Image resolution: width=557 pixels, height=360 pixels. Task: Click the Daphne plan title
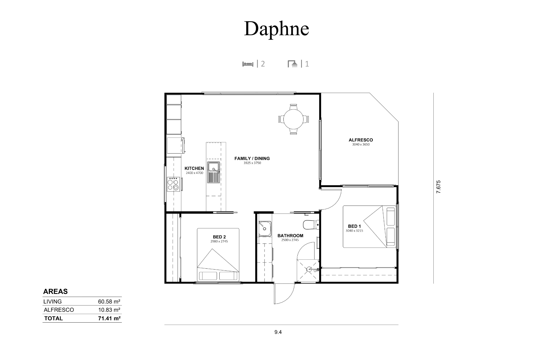click(x=276, y=29)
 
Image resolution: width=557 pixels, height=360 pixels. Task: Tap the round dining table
click(x=294, y=119)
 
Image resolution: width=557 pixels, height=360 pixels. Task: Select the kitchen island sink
click(x=214, y=172)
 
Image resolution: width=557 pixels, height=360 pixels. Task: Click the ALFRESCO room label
click(x=361, y=140)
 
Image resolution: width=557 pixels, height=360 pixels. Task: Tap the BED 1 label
click(x=354, y=226)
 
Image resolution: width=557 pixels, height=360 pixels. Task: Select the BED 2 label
click(x=219, y=237)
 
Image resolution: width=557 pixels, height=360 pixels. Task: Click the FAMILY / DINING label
click(x=252, y=159)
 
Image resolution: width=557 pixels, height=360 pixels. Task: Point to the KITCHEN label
click(x=194, y=168)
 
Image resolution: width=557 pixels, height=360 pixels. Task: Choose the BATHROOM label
click(x=290, y=236)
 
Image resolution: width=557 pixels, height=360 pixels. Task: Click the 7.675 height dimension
click(x=438, y=187)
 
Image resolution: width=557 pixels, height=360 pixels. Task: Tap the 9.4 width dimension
click(x=278, y=332)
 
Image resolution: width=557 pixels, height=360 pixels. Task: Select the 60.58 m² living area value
click(x=109, y=301)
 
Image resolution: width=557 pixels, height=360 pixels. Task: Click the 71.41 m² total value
click(x=109, y=318)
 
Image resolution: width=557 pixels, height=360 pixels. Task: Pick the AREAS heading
click(x=55, y=291)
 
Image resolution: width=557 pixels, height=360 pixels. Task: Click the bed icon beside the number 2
click(x=248, y=64)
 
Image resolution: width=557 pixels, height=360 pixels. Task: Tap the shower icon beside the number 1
click(x=293, y=64)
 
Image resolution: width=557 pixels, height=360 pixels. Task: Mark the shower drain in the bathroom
click(x=309, y=270)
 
